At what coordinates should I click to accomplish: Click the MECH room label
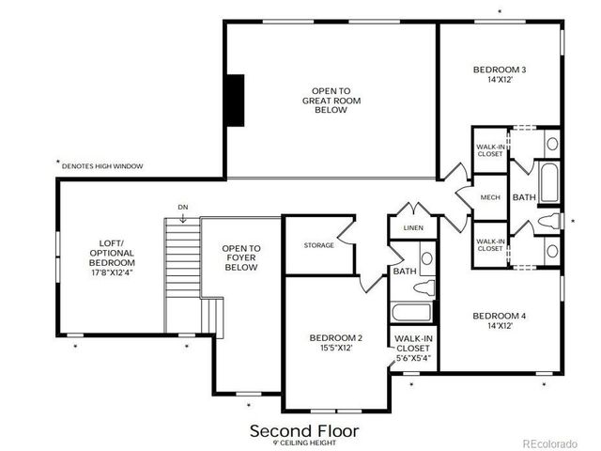click(x=489, y=197)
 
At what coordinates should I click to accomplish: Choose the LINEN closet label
click(x=413, y=228)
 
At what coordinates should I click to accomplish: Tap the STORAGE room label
click(x=318, y=245)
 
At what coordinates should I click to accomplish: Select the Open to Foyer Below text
click(x=240, y=257)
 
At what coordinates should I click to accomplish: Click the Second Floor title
click(x=303, y=430)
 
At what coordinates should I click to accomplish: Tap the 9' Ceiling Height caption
click(x=303, y=443)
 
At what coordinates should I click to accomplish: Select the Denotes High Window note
click(x=101, y=165)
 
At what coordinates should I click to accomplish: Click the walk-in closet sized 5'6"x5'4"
click(x=413, y=348)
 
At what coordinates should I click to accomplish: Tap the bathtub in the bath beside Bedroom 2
click(x=410, y=313)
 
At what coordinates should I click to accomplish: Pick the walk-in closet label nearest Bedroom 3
click(x=489, y=150)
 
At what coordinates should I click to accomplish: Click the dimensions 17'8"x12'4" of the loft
click(x=113, y=273)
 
